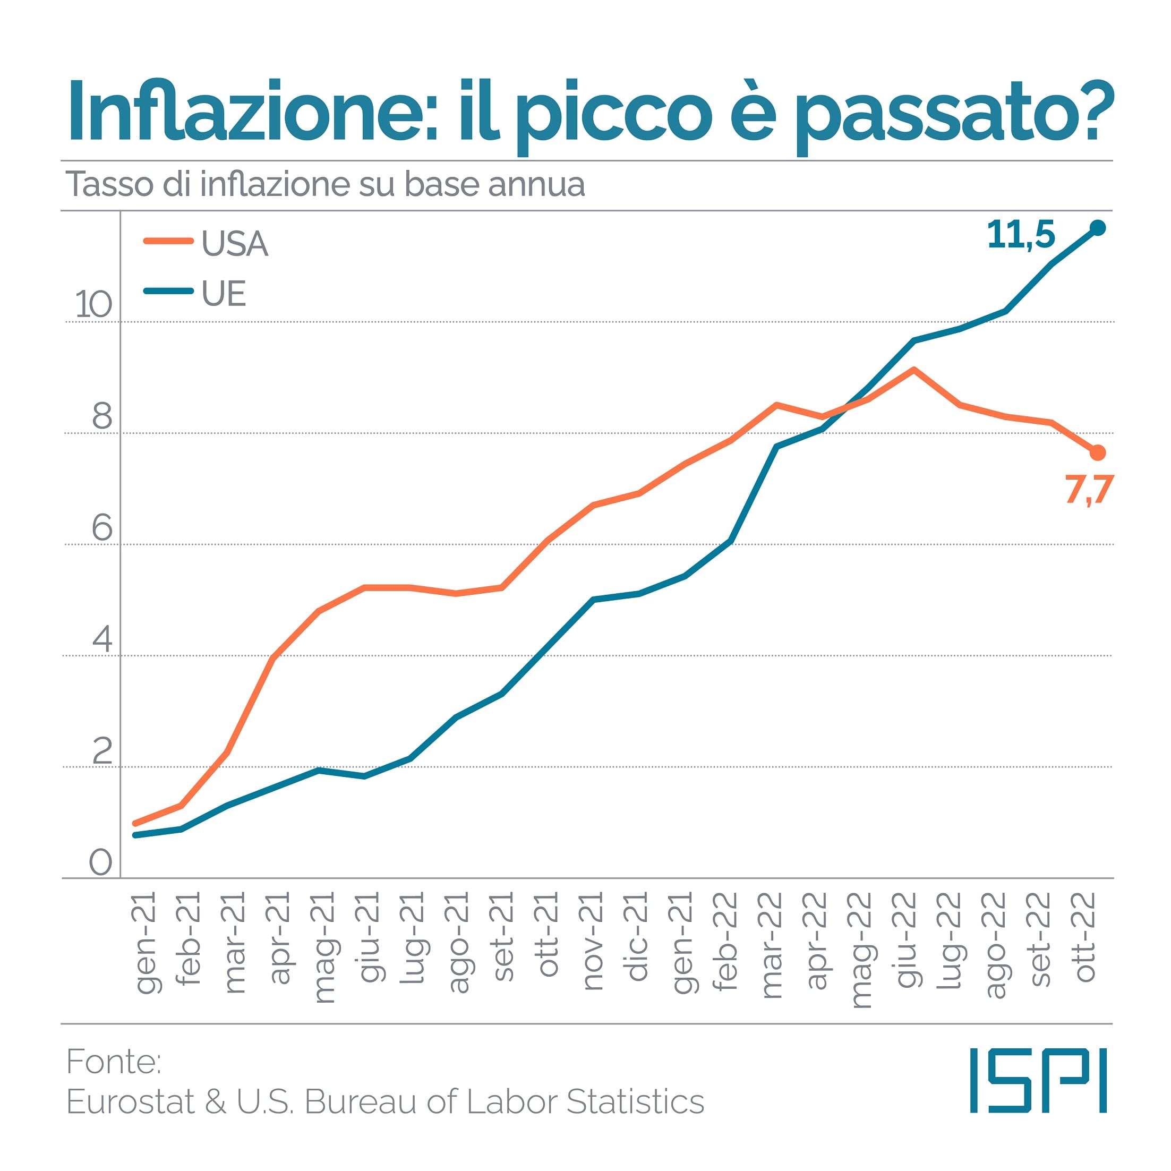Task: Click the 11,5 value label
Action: click(1021, 235)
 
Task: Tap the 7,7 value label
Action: click(1089, 489)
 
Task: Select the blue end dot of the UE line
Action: click(1098, 228)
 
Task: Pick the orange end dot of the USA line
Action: click(1098, 453)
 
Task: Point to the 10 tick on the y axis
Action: click(93, 304)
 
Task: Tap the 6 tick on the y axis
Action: click(102, 527)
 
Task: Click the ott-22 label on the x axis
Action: click(1084, 936)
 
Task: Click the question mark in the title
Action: click(1097, 109)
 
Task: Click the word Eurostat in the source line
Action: click(130, 1101)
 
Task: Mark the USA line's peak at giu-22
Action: click(913, 369)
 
